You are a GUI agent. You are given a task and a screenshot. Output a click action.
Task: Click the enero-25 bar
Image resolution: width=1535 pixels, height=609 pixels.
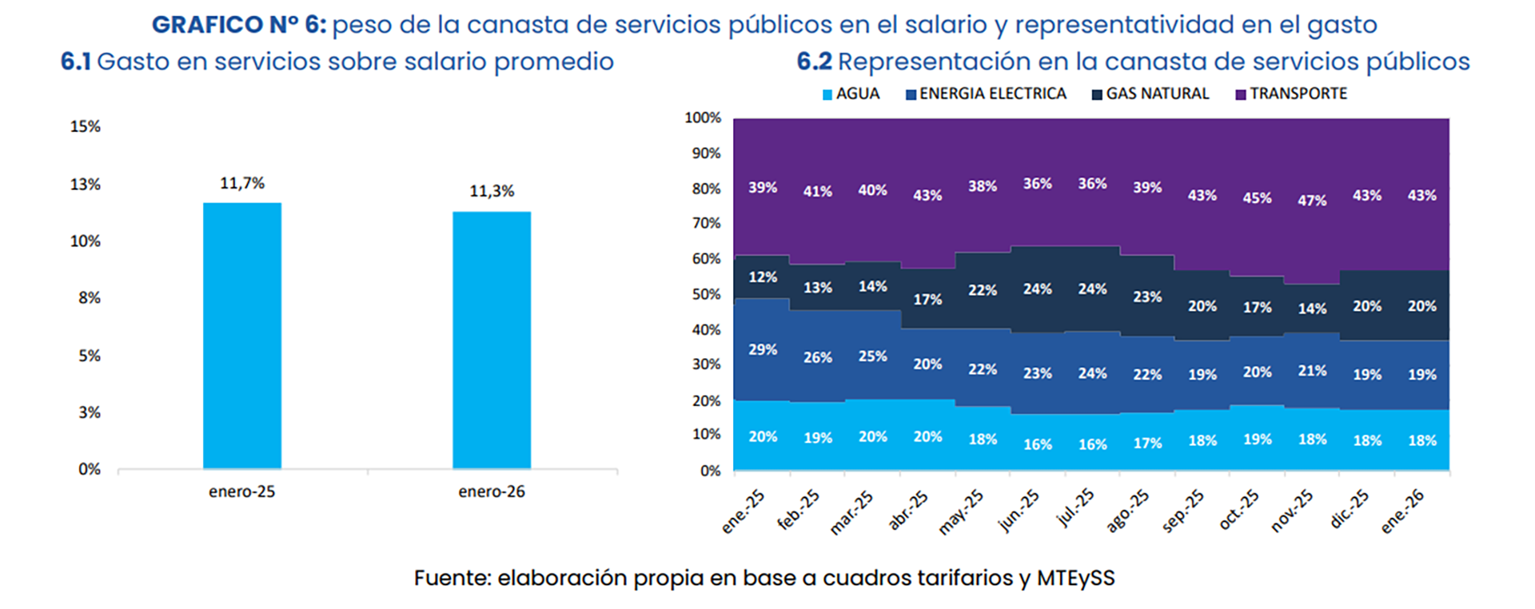point(241,336)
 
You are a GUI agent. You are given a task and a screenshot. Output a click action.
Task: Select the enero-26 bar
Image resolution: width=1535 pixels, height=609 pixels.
point(491,340)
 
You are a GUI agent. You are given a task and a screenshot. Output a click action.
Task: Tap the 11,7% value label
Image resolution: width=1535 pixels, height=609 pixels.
point(242,183)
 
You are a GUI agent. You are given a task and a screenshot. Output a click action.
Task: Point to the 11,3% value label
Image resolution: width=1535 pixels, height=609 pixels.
point(492,191)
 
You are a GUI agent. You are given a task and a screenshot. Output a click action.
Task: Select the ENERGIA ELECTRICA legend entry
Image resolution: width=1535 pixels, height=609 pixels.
point(986,94)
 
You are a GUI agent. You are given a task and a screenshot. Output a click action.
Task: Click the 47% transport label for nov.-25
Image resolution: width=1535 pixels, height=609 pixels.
point(1312,201)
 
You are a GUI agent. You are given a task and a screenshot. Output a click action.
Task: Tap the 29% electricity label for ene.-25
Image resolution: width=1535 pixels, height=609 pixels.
point(763,349)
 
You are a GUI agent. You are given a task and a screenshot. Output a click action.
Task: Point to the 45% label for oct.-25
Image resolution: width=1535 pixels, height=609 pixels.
point(1257,197)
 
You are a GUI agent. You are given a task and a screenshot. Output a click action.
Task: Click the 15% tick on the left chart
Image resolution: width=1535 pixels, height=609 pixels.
point(86,126)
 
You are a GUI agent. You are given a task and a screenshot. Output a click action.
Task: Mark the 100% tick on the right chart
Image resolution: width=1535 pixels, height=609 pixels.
point(703,117)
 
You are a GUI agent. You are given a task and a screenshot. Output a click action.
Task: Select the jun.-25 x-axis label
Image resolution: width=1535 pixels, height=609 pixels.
point(1019,510)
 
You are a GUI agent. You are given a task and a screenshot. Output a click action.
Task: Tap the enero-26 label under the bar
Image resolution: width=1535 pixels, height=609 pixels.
point(491,492)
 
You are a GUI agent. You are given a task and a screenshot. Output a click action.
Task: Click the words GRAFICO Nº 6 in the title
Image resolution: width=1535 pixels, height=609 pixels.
point(239,25)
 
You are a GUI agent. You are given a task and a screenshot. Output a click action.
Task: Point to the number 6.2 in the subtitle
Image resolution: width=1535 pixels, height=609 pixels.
point(814,62)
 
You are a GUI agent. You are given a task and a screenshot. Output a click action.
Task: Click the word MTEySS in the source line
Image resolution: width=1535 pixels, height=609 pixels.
point(1075,578)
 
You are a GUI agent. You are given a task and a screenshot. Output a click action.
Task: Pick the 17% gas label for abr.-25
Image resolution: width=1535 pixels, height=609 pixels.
point(927,299)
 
